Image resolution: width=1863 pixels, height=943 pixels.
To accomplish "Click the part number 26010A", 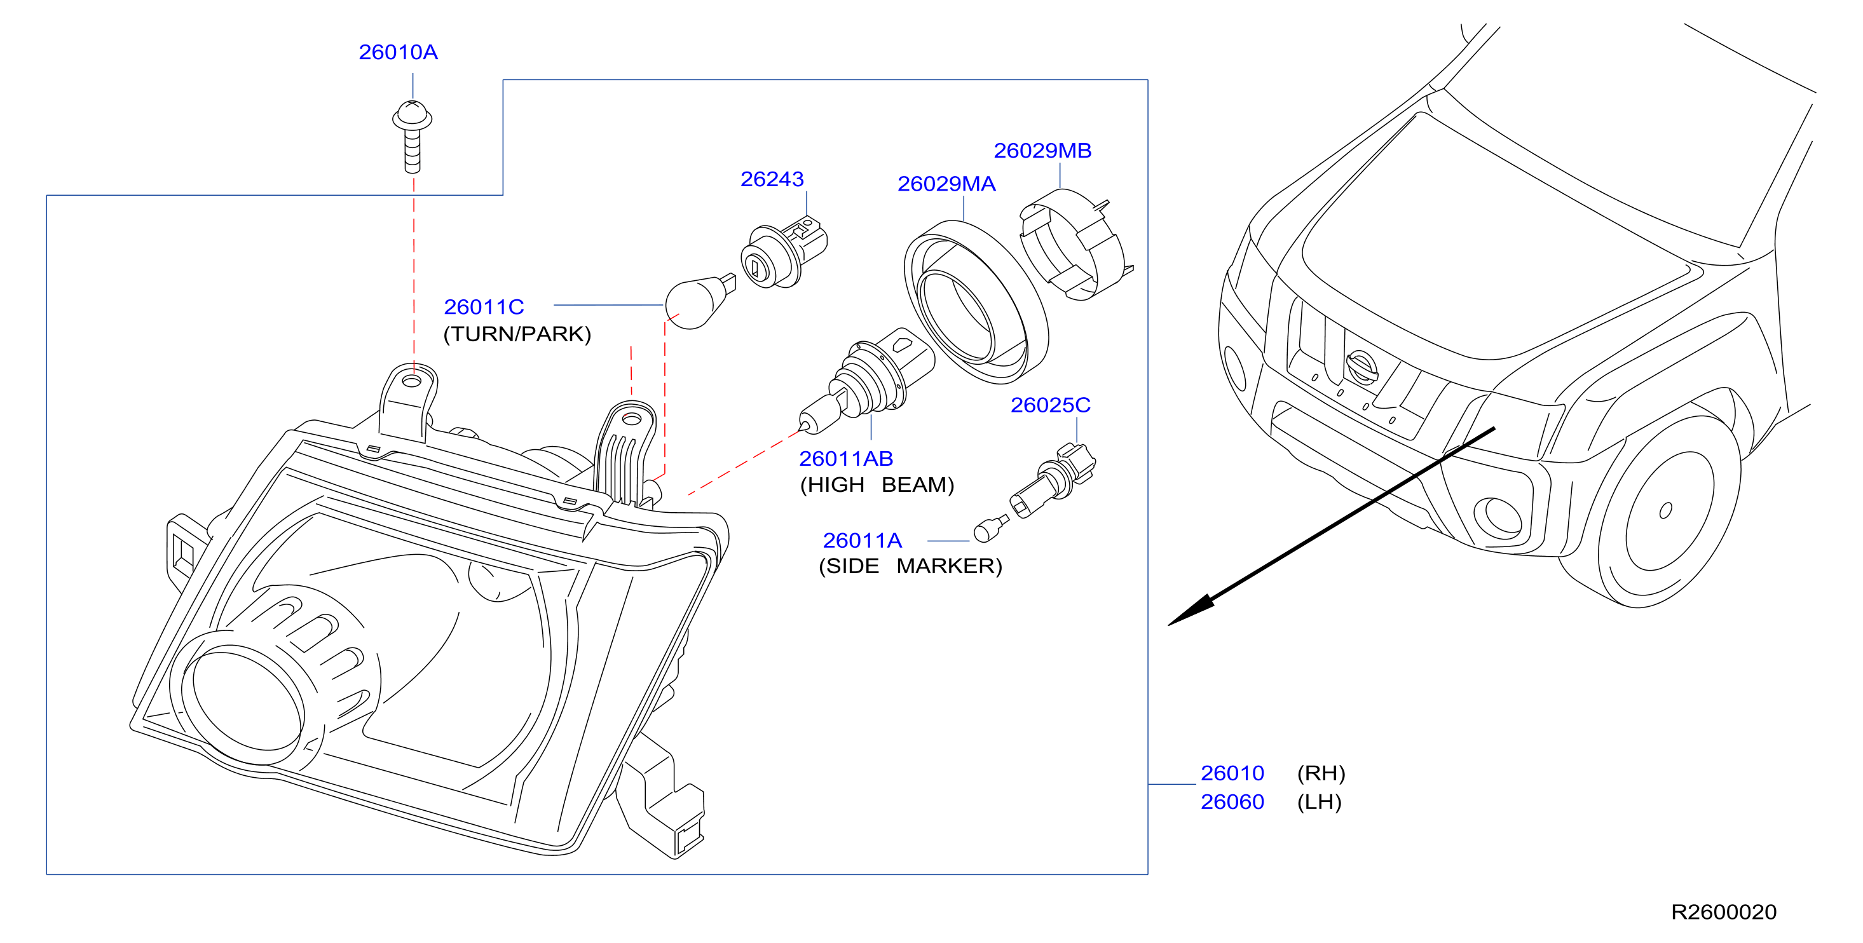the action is click(398, 52).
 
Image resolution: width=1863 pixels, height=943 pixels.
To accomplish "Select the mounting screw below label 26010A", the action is click(413, 137).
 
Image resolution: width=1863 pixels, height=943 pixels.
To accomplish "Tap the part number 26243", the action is click(772, 179).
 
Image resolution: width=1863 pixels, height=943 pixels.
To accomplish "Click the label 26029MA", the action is click(946, 184).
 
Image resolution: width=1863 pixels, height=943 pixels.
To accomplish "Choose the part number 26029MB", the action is click(1042, 151).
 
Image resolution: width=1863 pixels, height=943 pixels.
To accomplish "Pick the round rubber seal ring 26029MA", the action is click(976, 302).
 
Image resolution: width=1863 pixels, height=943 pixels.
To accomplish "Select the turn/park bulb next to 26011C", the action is click(699, 302).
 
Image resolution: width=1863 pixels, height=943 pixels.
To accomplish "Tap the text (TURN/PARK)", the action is click(517, 334).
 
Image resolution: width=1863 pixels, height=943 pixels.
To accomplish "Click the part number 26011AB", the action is click(845, 459).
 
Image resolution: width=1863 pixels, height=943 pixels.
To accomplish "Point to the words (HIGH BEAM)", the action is click(877, 484).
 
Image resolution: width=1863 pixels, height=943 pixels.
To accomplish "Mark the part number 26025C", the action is click(1050, 405).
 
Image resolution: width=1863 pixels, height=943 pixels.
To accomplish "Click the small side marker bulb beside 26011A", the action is click(990, 529).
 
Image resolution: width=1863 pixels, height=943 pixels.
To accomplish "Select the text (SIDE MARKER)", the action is click(910, 566).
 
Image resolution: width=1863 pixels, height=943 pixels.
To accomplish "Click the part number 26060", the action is click(1232, 802).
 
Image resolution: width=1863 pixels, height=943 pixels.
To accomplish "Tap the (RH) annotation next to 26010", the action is click(1321, 774).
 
